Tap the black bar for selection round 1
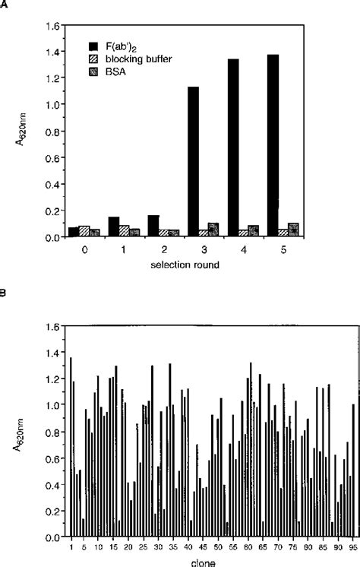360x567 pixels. pos(112,226)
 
